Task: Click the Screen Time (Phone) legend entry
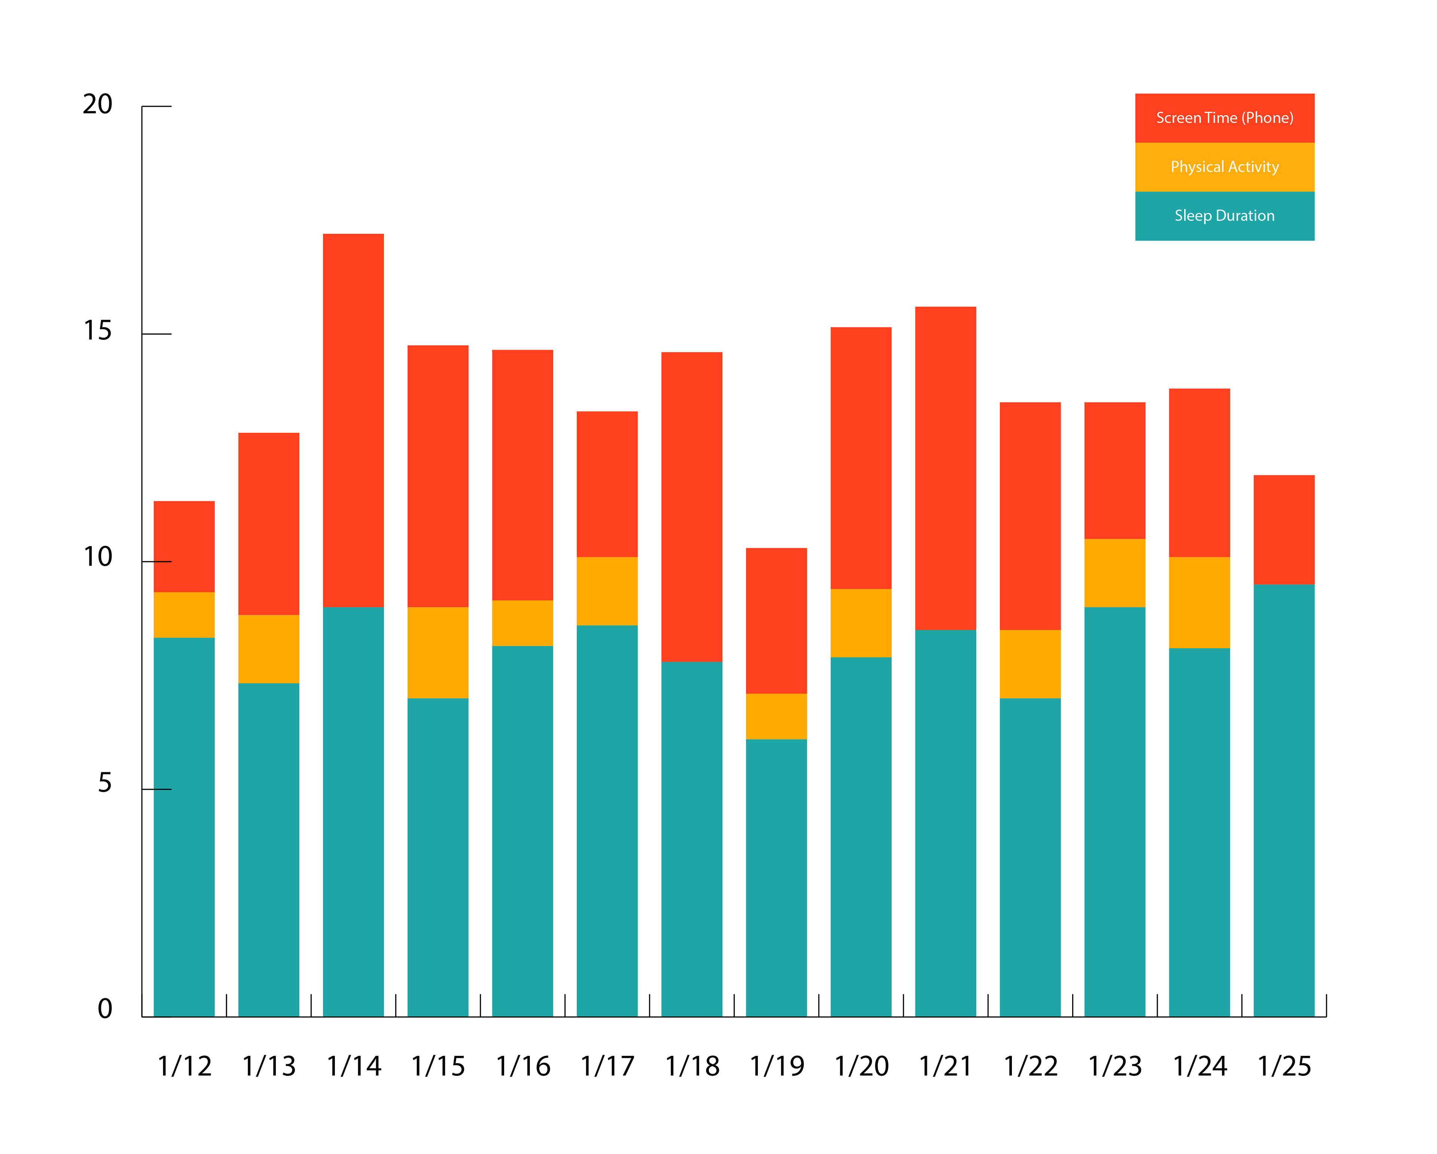[x=1224, y=118]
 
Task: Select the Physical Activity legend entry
[x=1224, y=167]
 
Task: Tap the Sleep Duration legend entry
[x=1224, y=216]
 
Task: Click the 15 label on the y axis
[x=97, y=331]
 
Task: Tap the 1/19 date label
[x=777, y=1066]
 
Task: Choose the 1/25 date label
[x=1284, y=1066]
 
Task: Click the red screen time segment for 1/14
[x=353, y=420]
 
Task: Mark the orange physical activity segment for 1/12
[x=184, y=615]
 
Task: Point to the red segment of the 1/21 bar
[x=945, y=468]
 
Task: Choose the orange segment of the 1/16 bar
[x=522, y=623]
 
